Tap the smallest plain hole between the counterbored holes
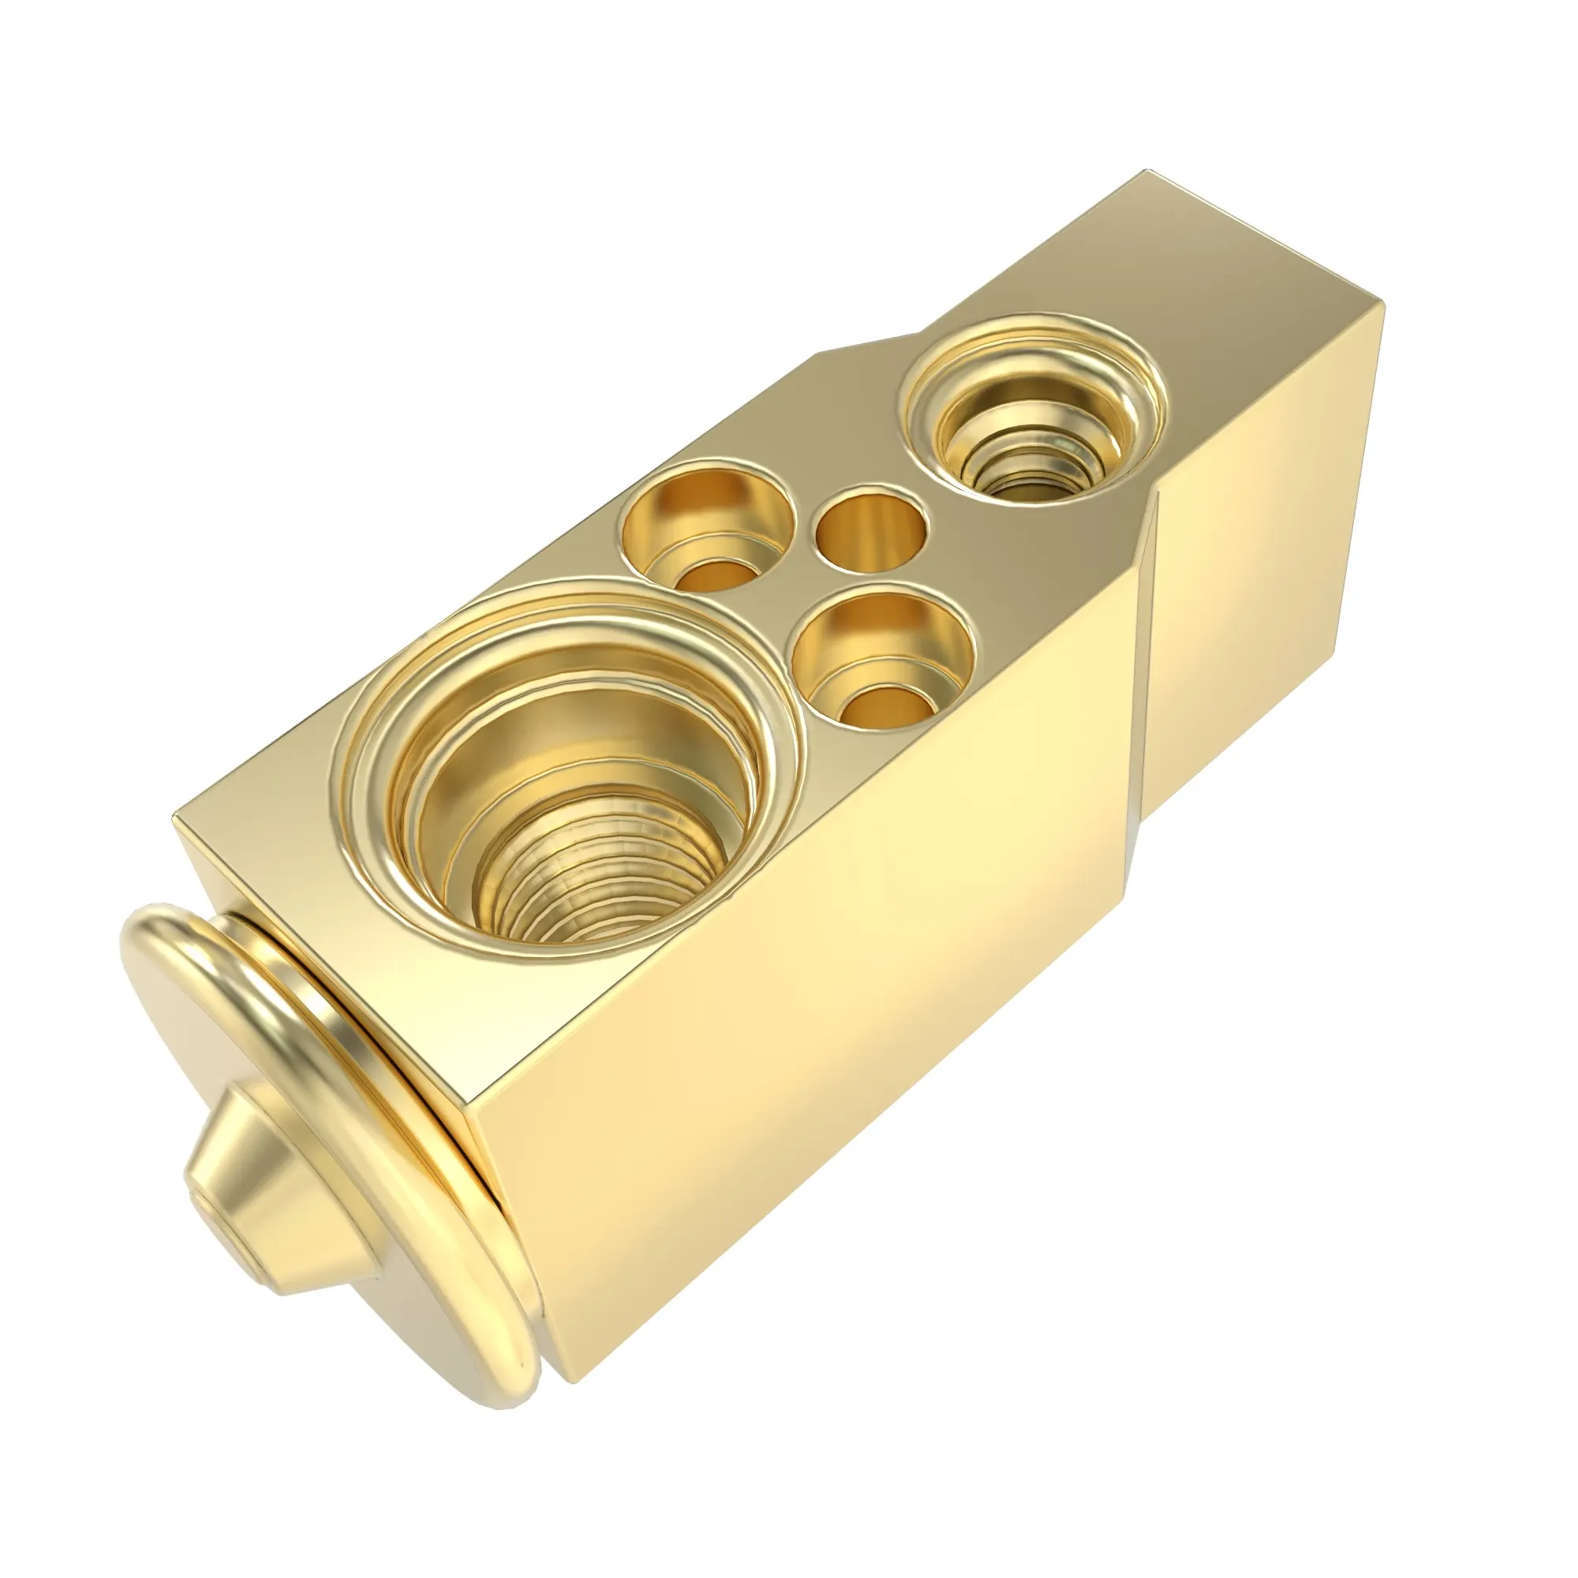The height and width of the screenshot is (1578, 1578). click(x=873, y=529)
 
